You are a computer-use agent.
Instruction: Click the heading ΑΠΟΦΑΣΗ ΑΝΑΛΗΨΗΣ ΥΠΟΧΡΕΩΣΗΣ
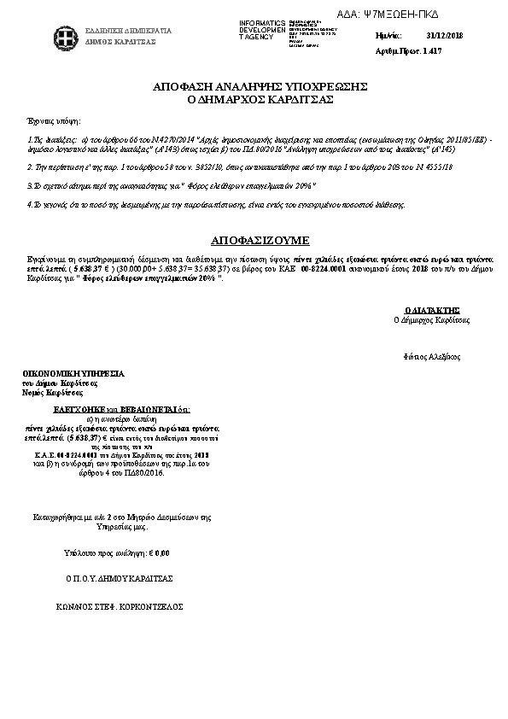[x=260, y=87]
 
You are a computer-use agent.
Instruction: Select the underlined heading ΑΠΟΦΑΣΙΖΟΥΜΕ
[x=260, y=240]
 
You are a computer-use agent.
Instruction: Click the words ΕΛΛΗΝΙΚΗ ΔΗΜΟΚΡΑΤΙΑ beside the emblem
[x=128, y=31]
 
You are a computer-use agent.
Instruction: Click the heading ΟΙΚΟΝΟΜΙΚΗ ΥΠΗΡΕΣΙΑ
[x=73, y=374]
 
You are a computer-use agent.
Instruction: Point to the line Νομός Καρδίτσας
[x=53, y=394]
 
